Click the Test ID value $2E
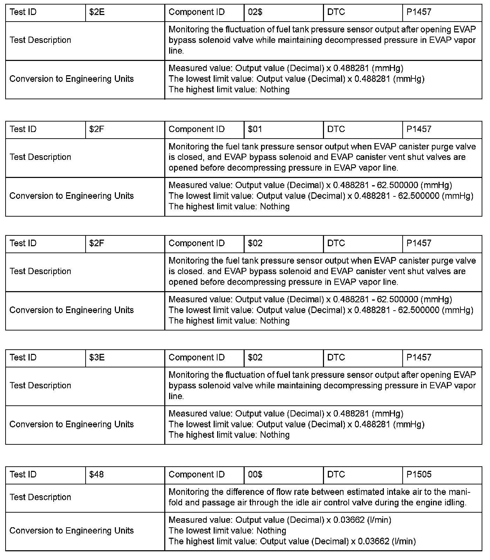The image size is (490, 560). click(97, 12)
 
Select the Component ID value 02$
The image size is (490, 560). click(255, 12)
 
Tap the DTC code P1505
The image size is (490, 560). click(419, 474)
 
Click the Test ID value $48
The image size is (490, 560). click(96, 474)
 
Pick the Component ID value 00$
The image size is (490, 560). click(255, 474)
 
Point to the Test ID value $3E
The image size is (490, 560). click(97, 357)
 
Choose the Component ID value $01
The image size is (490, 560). click(255, 129)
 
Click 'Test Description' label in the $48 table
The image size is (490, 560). click(40, 497)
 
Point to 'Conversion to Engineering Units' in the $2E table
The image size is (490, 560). click(72, 79)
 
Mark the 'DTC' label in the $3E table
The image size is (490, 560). click(336, 357)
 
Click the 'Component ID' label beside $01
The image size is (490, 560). click(197, 129)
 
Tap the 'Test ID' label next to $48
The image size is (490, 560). click(23, 474)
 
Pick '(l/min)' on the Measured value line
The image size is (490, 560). click(379, 520)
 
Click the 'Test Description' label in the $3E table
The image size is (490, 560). click(40, 386)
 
